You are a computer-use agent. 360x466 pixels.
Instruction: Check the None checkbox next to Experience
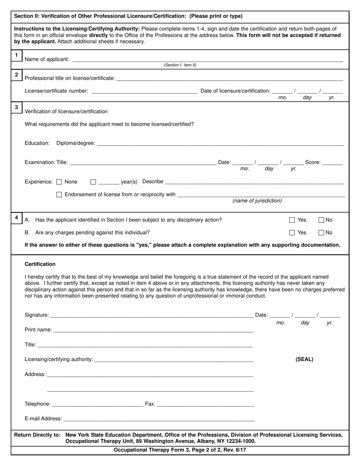click(x=59, y=182)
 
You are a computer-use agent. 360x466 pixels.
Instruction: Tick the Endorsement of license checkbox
click(x=59, y=195)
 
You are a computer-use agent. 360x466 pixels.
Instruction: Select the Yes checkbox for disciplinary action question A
click(x=292, y=220)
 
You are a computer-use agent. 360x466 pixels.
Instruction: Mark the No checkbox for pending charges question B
click(x=321, y=233)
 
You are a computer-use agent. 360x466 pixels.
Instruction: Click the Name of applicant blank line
click(x=207, y=59)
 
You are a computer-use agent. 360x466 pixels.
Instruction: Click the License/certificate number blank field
click(x=144, y=91)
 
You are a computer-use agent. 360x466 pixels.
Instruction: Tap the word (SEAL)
click(x=304, y=360)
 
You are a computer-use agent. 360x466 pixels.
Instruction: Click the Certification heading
click(x=40, y=264)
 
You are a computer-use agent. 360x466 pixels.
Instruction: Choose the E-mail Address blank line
click(x=159, y=419)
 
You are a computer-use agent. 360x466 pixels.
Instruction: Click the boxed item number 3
click(x=16, y=108)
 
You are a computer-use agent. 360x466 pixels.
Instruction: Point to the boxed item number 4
click(x=16, y=217)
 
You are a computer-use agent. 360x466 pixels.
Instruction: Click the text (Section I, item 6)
click(x=180, y=65)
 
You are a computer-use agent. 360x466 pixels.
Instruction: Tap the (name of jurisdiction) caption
click(x=257, y=201)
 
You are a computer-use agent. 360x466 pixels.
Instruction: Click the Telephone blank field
click(x=97, y=404)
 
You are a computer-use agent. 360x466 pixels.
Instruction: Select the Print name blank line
click(x=153, y=330)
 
